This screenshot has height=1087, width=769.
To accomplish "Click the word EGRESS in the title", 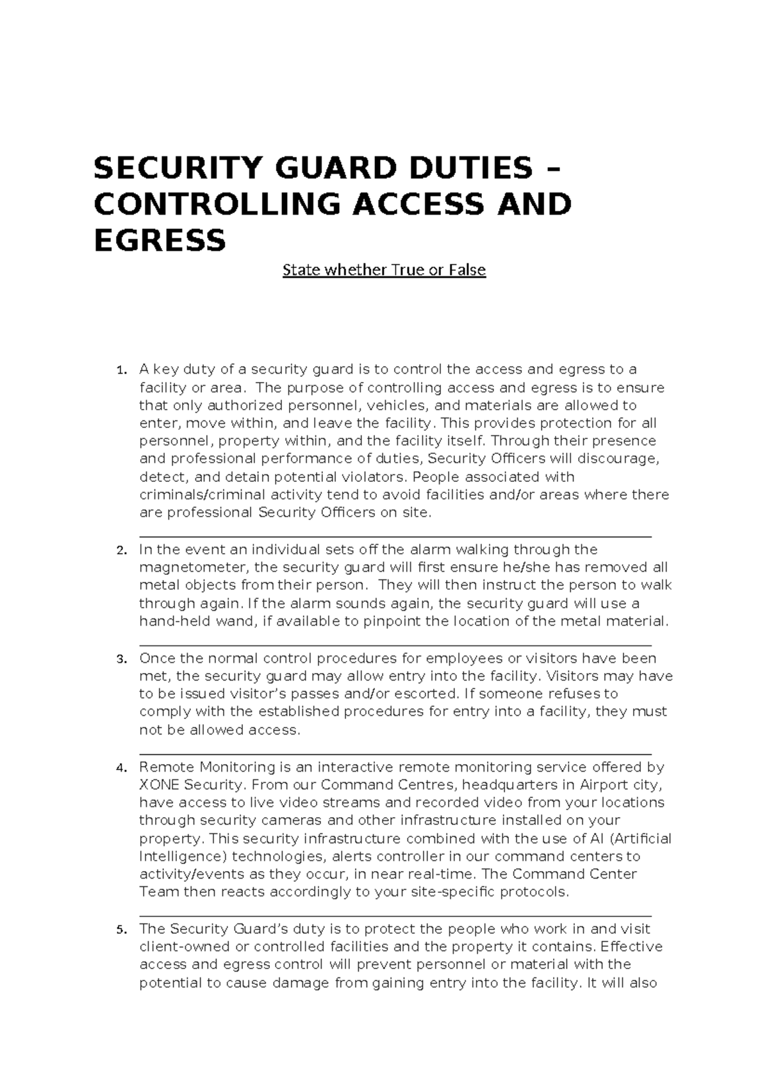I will click(160, 241).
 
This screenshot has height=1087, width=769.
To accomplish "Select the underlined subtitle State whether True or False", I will click(384, 270).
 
